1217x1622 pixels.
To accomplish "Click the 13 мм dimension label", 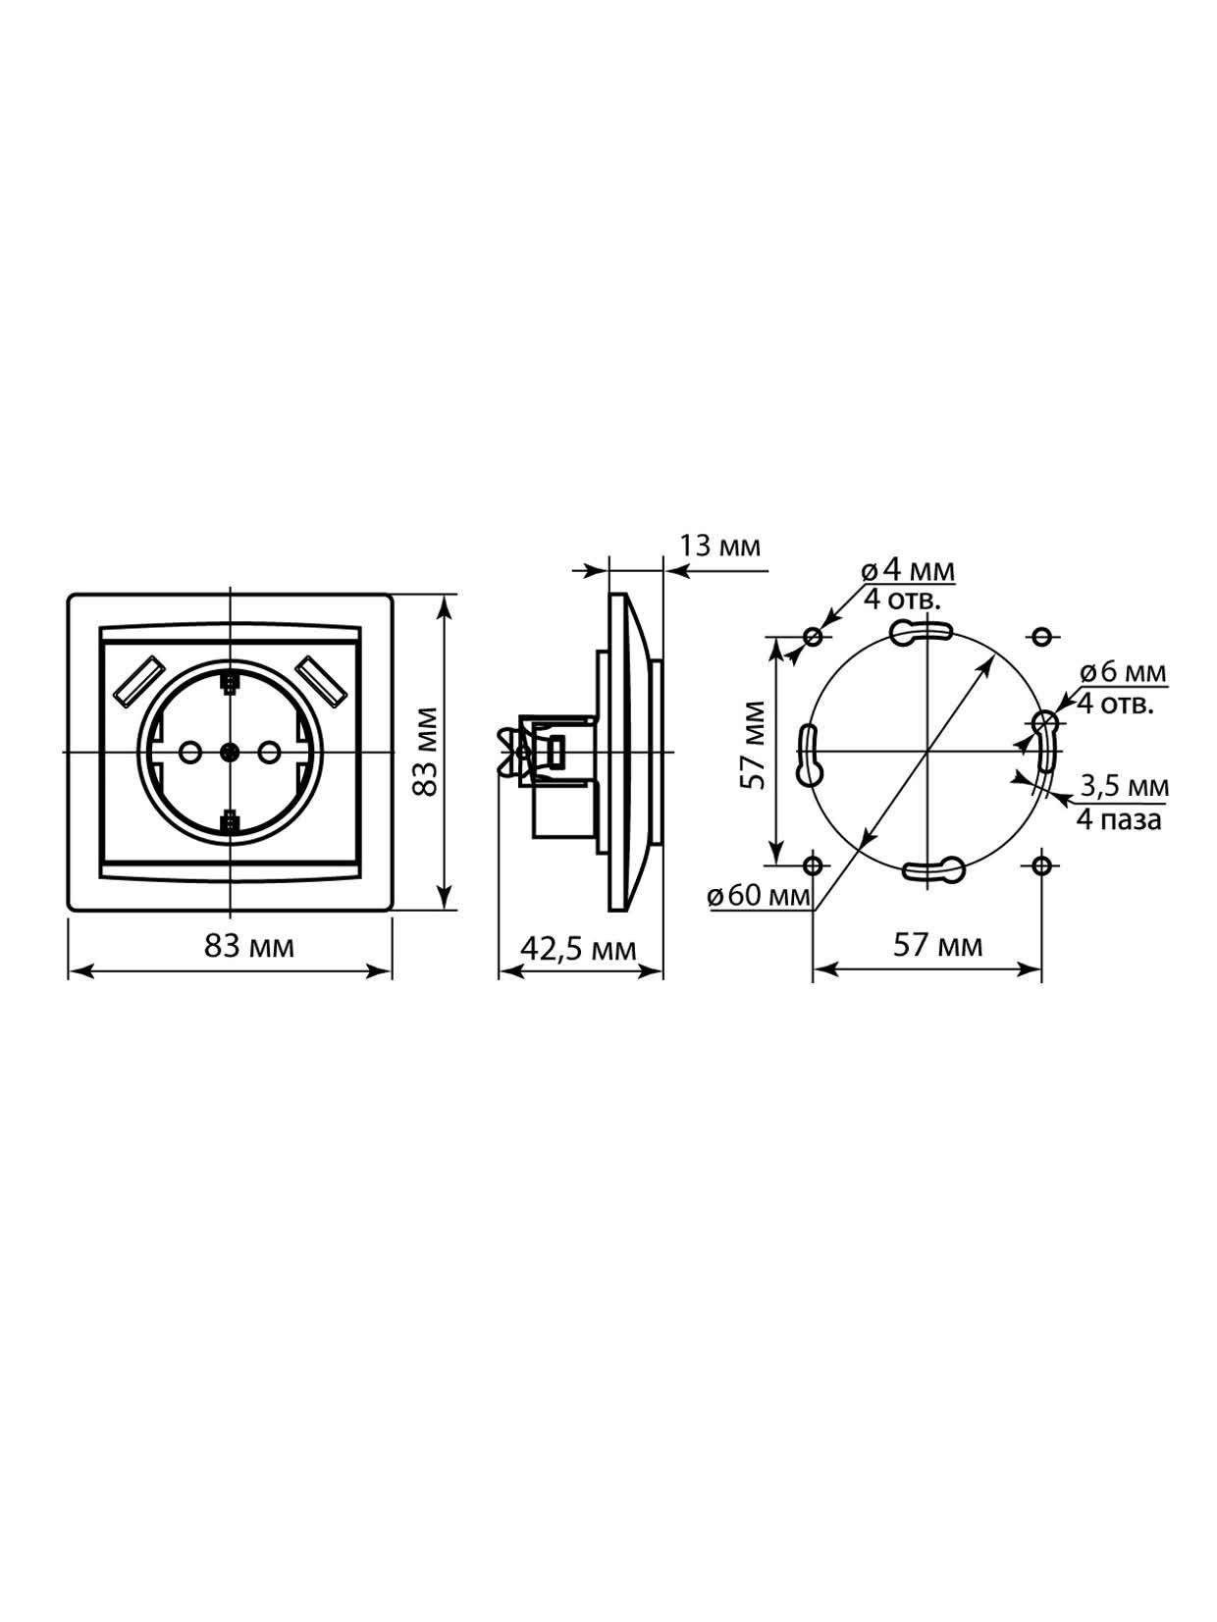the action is [718, 547].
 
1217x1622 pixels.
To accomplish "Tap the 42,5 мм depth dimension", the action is [578, 949].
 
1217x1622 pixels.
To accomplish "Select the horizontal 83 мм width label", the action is [249, 947].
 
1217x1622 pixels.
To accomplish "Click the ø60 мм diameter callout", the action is [758, 897].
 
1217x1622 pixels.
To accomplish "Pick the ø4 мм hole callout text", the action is [908, 571].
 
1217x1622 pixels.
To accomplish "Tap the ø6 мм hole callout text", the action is [1123, 672].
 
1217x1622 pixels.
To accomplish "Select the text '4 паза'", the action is [1119, 819].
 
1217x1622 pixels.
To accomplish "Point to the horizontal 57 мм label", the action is [937, 945].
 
